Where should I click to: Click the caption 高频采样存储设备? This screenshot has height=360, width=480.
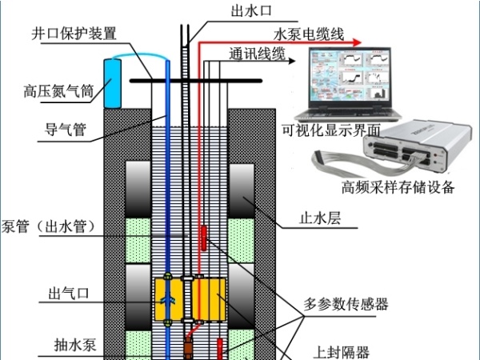click(x=398, y=188)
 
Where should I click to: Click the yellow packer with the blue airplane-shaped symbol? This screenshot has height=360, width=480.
click(x=169, y=299)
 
